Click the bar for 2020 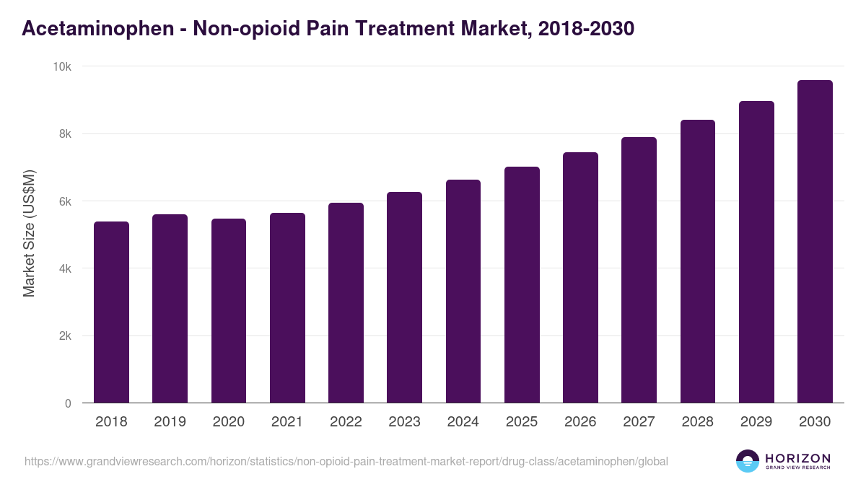point(229,311)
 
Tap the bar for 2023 point(404,297)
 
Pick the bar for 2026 point(580,278)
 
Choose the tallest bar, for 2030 point(815,242)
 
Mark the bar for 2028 point(698,261)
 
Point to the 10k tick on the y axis point(63,66)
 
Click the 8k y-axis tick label point(65,134)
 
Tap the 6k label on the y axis point(65,201)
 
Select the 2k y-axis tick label point(65,336)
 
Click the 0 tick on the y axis point(68,403)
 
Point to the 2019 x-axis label point(170,422)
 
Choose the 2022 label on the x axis point(346,422)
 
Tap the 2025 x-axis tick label point(522,422)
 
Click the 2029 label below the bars point(756,422)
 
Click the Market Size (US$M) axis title point(29,233)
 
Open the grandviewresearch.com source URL point(346,461)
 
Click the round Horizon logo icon point(748,461)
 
